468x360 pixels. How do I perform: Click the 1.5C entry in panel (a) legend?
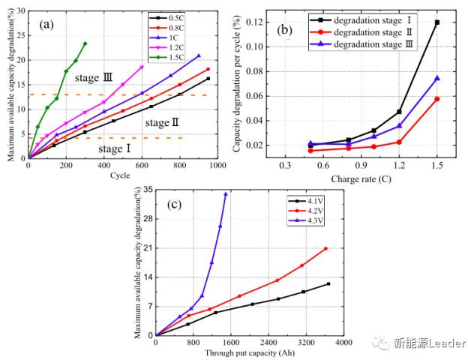pos(196,57)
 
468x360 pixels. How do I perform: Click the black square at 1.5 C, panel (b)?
pos(436,22)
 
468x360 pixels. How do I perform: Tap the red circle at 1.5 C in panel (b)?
pos(436,99)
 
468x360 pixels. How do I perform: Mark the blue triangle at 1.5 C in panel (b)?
pos(436,78)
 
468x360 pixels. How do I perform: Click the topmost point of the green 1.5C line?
pos(85,43)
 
